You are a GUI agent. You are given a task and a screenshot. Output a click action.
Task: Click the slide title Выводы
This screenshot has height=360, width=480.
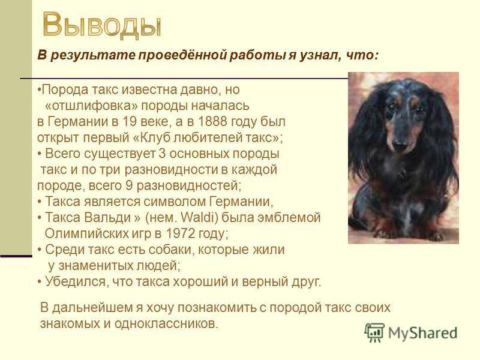(101, 25)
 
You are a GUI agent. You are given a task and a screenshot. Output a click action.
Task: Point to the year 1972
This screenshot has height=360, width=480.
(180, 233)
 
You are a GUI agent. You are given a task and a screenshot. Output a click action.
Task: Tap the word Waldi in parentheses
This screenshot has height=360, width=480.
(200, 218)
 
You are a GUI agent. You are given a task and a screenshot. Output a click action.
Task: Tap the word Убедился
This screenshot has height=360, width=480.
(76, 281)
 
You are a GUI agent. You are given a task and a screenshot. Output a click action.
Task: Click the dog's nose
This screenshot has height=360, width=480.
(400, 145)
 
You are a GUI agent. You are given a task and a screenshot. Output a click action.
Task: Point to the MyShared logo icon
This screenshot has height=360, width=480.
(374, 333)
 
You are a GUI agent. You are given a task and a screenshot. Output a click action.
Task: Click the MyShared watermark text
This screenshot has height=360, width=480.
(423, 333)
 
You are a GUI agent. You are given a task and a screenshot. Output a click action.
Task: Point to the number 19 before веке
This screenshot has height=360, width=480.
(128, 122)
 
